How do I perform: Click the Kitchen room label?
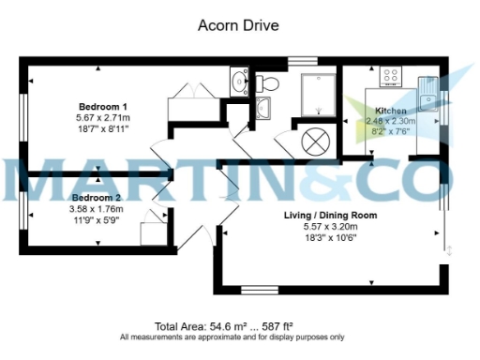[391, 111]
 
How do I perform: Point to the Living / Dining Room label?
[330, 216]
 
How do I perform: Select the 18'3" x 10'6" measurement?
[330, 238]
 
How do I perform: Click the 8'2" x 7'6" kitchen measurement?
[391, 133]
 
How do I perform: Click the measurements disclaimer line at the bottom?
[232, 337]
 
